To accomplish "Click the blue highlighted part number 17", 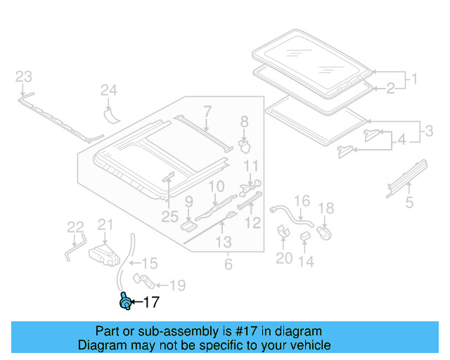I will [125, 302].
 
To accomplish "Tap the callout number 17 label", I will [151, 303].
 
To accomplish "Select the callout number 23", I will [24, 76].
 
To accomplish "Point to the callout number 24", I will [108, 89].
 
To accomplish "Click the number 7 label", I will [207, 110].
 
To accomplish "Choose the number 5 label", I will [409, 204].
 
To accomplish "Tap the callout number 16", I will [301, 202].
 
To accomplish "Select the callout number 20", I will [283, 258].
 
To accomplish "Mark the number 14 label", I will [306, 262].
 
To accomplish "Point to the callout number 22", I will [75, 226].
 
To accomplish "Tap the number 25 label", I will [170, 217].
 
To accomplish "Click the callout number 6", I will [227, 264].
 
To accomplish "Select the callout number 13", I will [223, 243].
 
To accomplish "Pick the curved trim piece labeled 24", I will [110, 112].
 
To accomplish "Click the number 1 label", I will [414, 79].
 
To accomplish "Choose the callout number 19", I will [177, 285].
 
